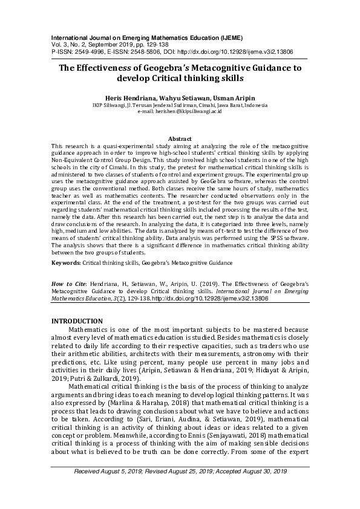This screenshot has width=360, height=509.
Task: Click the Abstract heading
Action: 180,139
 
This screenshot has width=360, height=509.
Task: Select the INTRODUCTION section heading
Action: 85,320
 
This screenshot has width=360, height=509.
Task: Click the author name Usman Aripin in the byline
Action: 238,97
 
